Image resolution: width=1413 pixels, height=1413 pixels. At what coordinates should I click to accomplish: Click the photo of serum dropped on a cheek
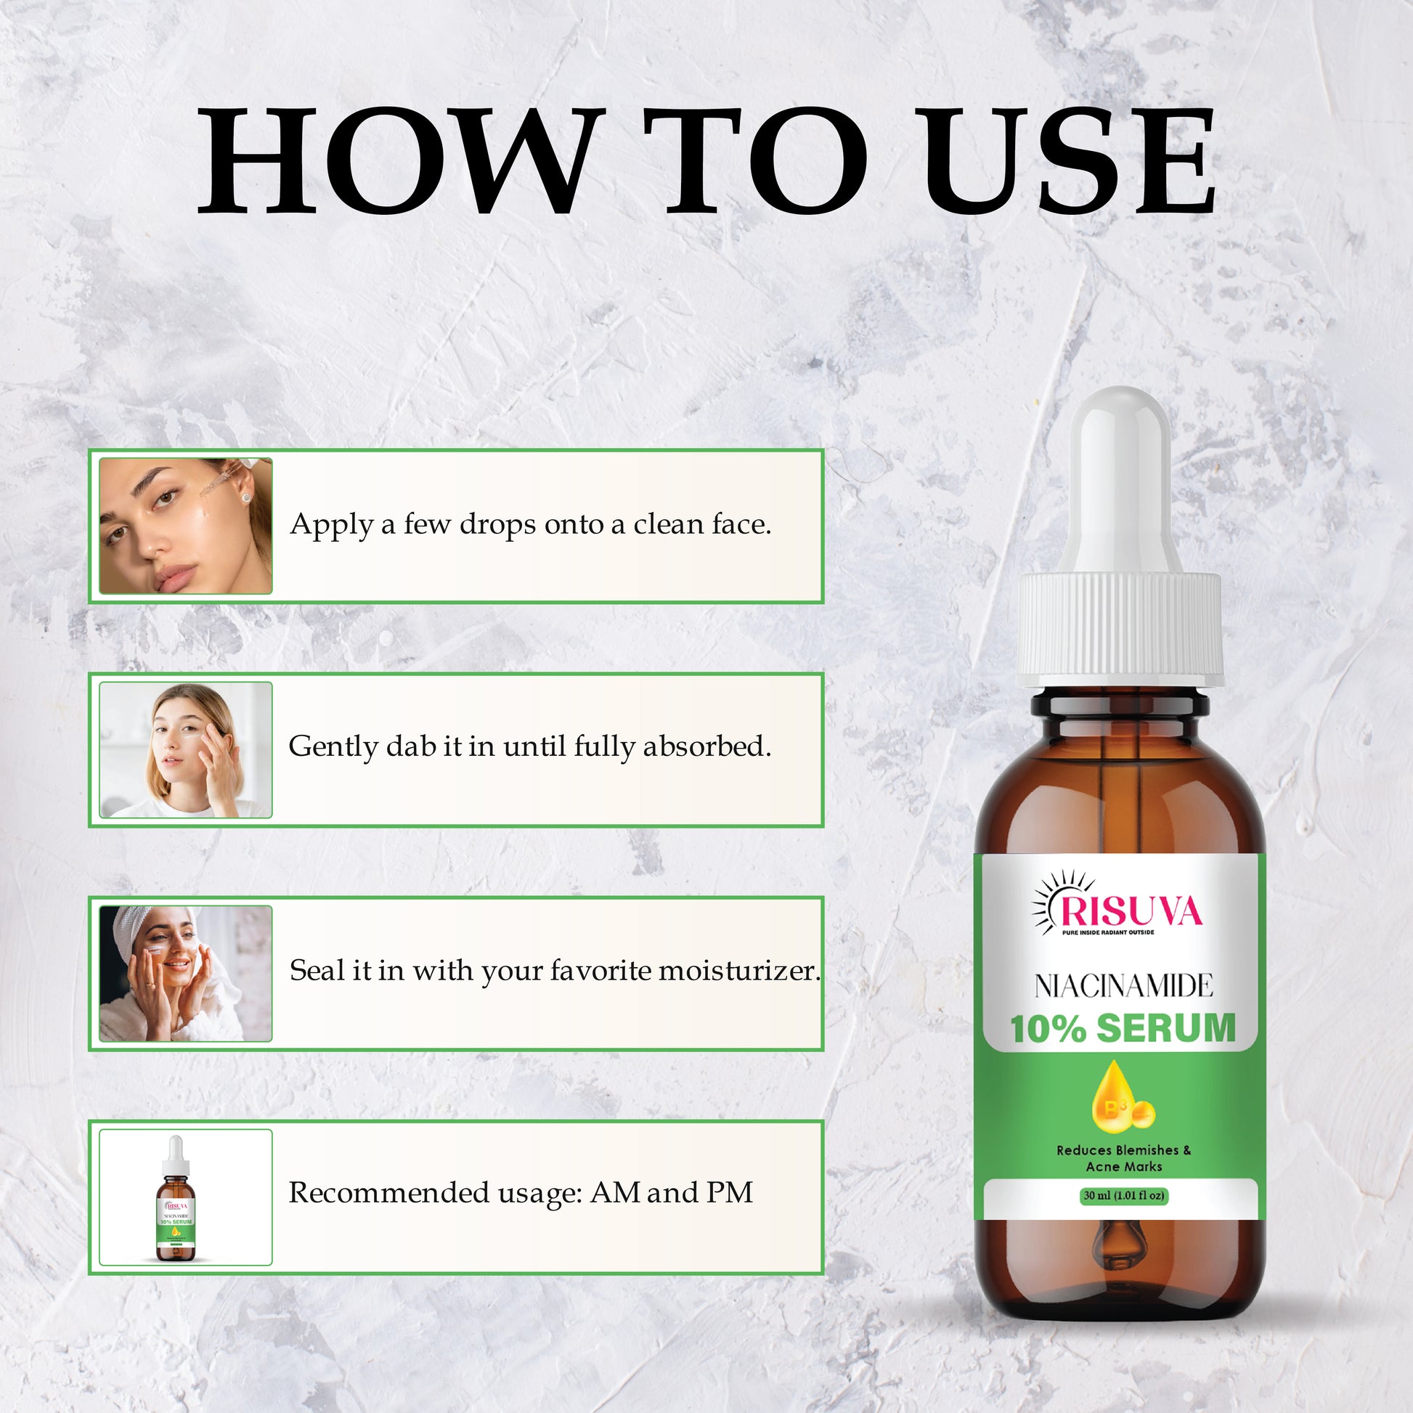coord(186,526)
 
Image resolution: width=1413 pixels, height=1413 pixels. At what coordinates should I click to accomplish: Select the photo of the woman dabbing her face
coord(186,749)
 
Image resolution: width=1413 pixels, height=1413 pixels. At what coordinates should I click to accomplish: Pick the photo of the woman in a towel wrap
coord(186,974)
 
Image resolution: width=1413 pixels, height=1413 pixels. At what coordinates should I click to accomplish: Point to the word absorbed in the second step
coord(707,746)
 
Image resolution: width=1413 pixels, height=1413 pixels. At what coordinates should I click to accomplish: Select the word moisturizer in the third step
coord(739,971)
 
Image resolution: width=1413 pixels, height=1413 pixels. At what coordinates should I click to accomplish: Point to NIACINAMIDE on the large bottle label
coord(1124,986)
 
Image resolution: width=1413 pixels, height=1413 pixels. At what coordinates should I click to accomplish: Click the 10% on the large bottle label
coord(1047,1028)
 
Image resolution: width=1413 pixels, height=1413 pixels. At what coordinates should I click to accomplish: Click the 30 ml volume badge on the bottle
coord(1124,1196)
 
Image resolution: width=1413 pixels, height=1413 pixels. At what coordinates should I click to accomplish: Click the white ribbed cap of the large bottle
coord(1120,629)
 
